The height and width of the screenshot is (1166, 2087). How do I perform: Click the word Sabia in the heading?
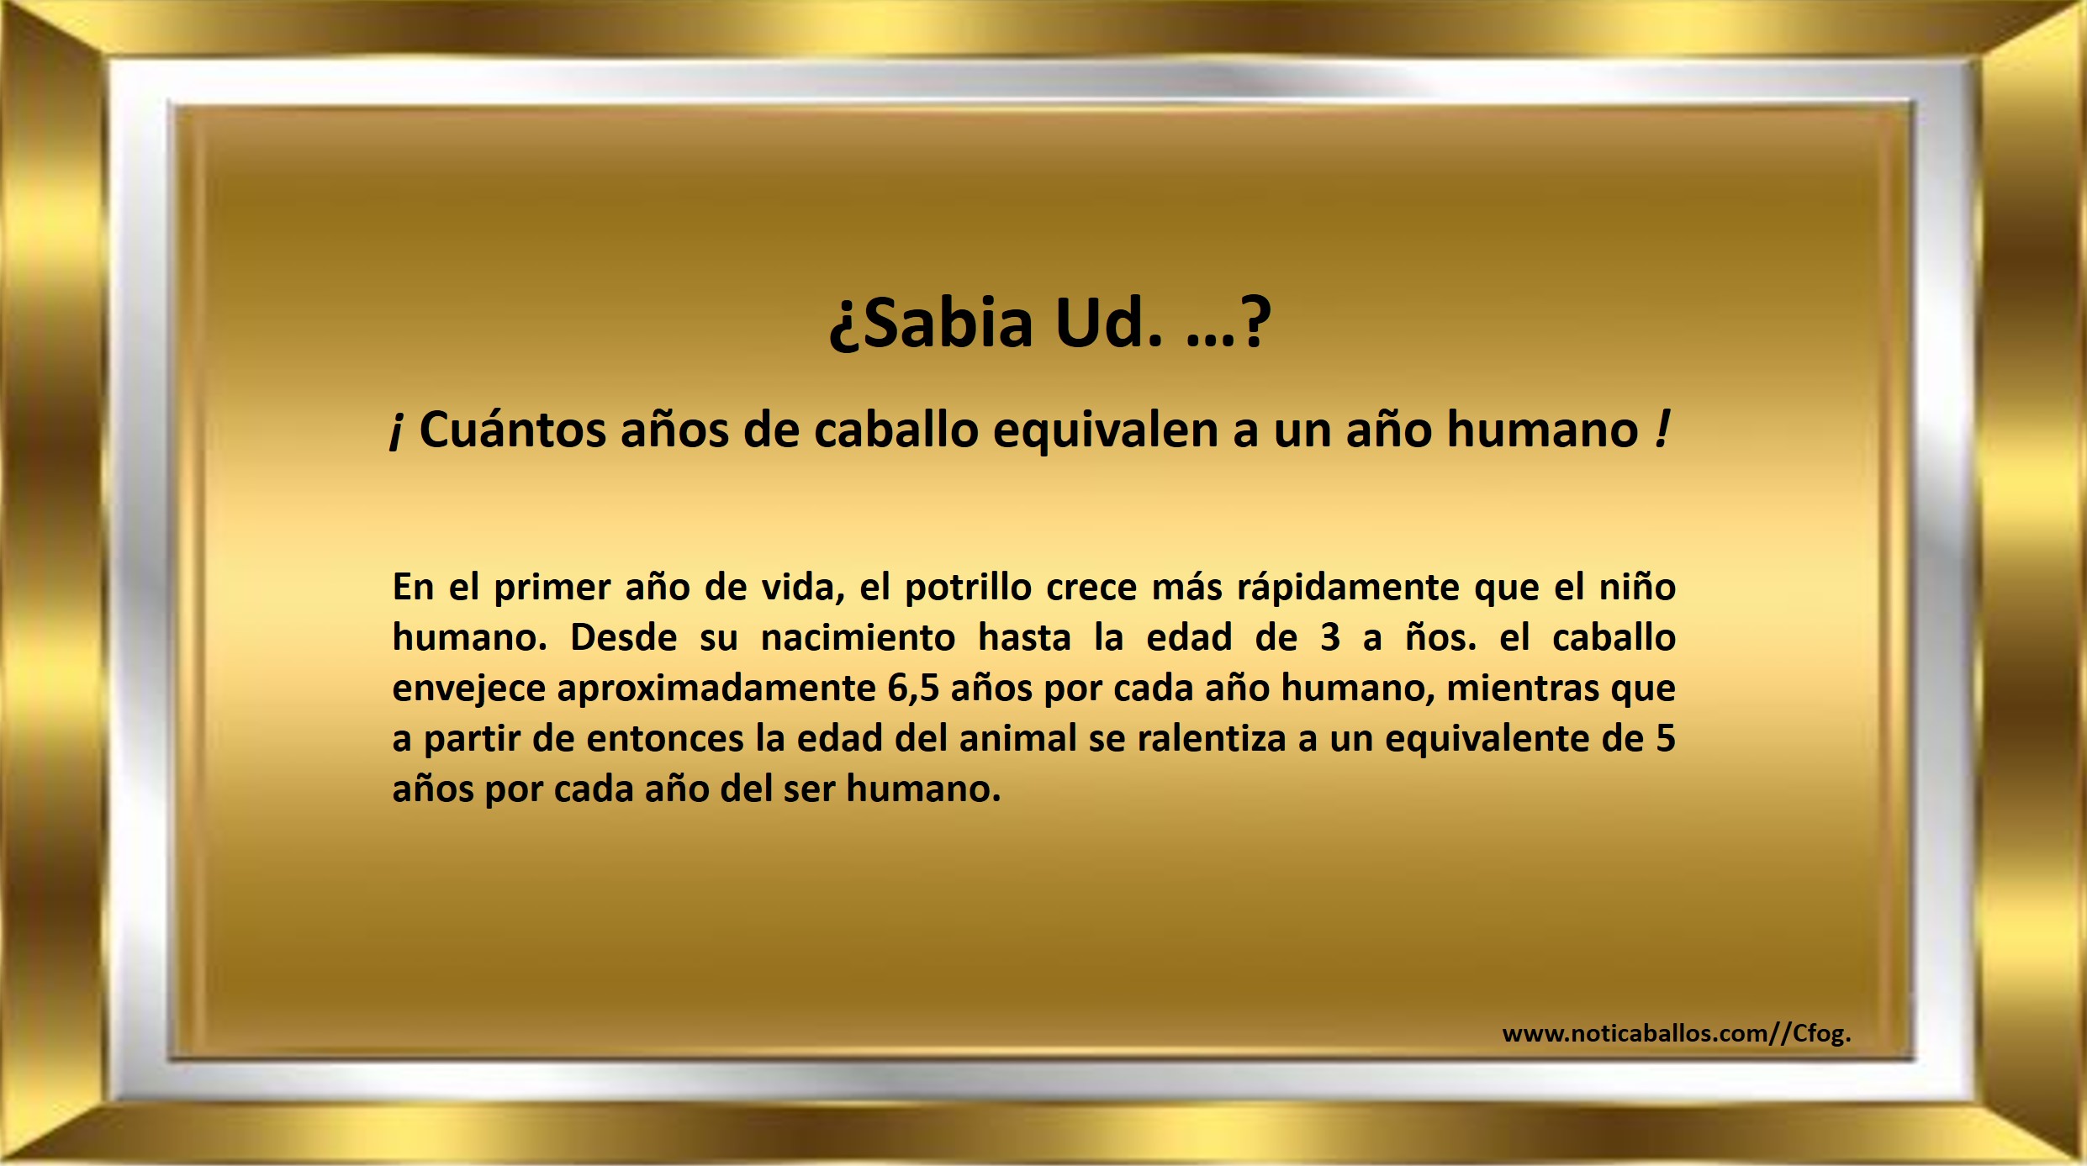(x=948, y=323)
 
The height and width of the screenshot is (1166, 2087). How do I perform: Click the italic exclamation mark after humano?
(x=1662, y=429)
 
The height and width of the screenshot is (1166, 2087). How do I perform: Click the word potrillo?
(x=968, y=588)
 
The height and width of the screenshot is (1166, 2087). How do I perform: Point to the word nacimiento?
(x=858, y=637)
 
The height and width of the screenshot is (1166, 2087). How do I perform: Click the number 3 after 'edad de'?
(x=1329, y=638)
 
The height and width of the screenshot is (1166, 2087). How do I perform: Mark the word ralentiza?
(x=1212, y=738)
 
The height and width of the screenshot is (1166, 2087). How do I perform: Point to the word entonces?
(x=664, y=739)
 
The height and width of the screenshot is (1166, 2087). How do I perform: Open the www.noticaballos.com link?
(x=1677, y=1033)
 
